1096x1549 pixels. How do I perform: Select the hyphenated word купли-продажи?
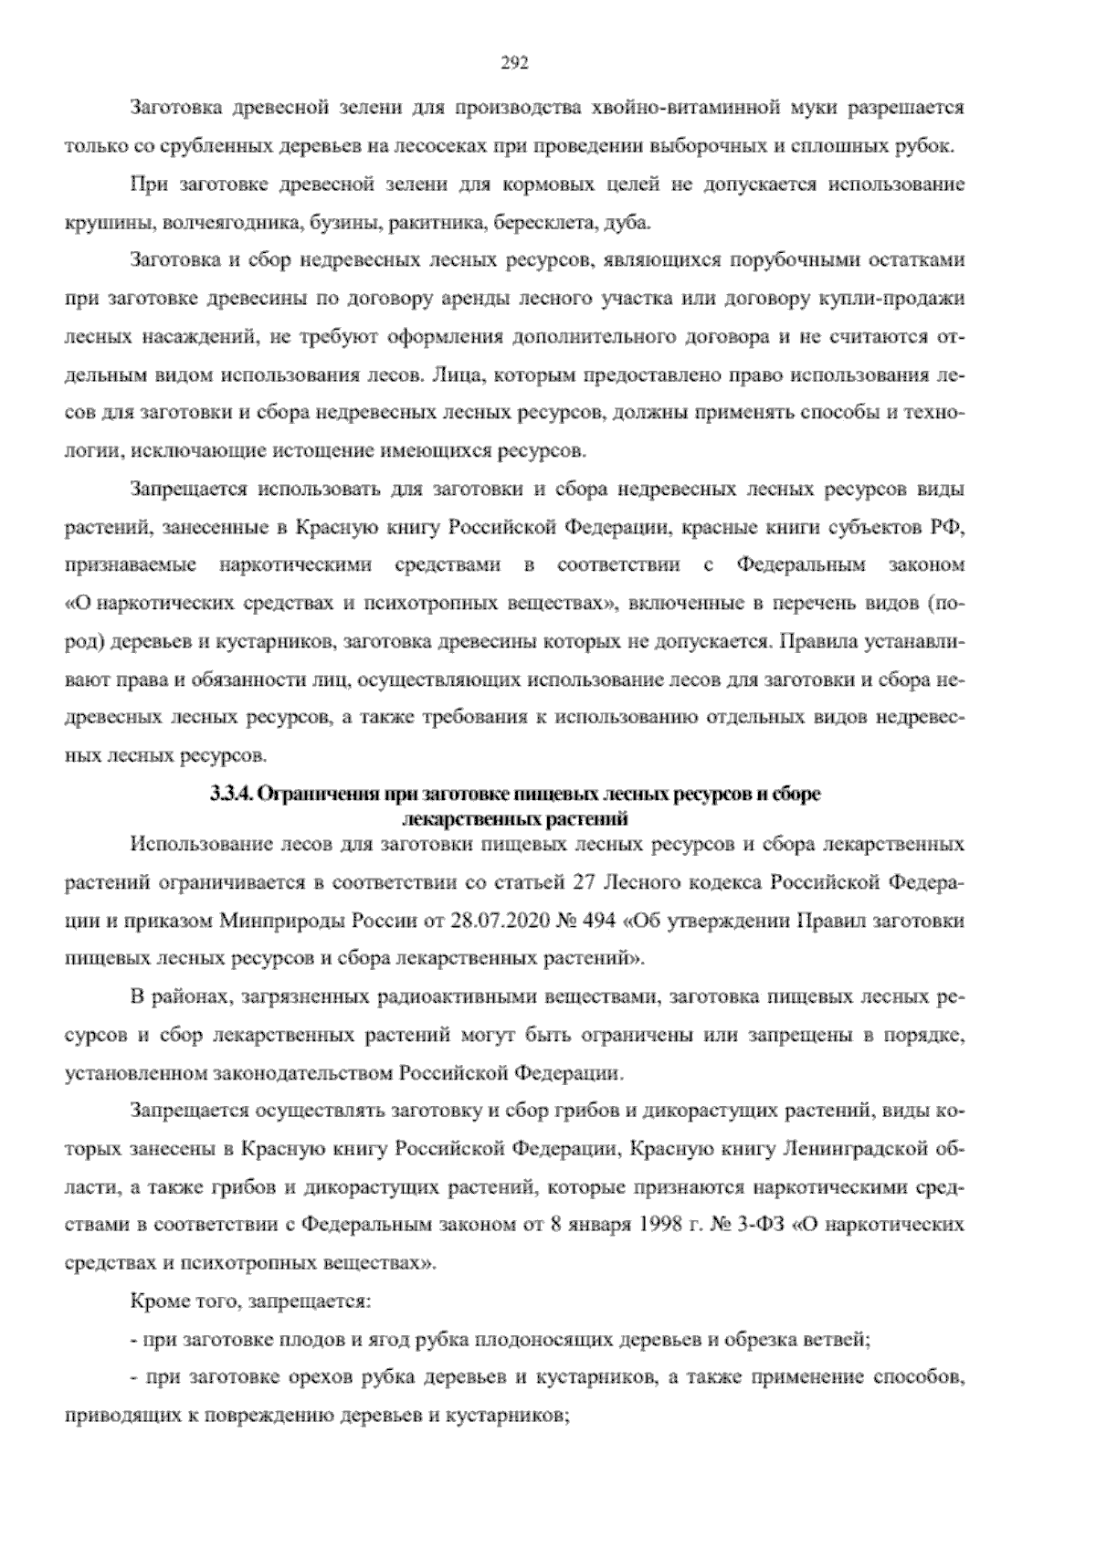pos(890,299)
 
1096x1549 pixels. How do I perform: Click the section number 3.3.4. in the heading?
pos(231,795)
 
